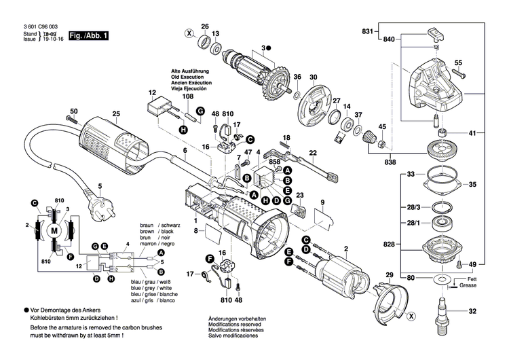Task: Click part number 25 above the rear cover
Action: tap(116, 113)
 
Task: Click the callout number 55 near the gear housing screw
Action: tap(458, 62)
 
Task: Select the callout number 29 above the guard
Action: tap(389, 274)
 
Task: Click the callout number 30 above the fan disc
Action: tap(314, 77)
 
